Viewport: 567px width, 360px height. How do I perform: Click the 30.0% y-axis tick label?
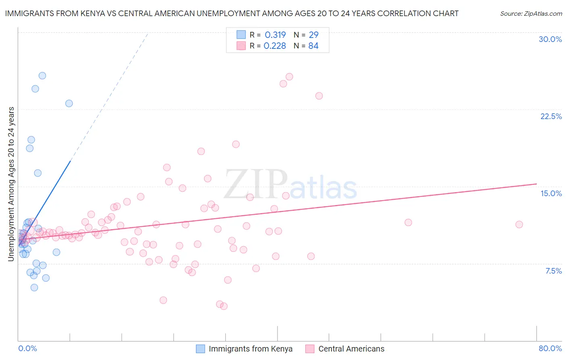pos(550,39)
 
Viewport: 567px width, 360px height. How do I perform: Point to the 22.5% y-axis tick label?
pos(551,116)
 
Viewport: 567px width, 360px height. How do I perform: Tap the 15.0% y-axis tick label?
pos(551,193)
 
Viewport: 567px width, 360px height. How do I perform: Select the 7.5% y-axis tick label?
pos(553,271)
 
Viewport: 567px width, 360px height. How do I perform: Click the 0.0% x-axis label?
pos(27,348)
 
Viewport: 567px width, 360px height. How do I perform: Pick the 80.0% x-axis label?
pos(550,348)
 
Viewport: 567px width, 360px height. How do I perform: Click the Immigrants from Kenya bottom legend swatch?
pos(200,349)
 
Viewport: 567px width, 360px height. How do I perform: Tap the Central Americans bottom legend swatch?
pos(310,349)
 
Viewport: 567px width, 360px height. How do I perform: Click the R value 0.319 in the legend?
pos(275,35)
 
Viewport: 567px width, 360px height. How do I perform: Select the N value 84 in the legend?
pos(313,46)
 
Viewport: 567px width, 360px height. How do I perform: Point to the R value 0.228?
pos(275,46)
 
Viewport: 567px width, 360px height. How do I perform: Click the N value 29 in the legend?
pos(313,35)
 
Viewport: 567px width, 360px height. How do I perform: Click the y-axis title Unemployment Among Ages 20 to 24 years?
pos(11,184)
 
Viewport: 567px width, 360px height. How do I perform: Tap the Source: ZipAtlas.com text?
pos(531,13)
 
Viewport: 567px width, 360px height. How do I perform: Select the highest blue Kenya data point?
pos(42,75)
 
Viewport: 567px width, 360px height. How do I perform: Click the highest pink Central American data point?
pos(289,77)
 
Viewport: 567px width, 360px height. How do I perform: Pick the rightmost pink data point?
pos(519,224)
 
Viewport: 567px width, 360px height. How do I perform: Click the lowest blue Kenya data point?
pos(34,287)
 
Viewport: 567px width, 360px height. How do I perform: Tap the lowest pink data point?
pos(224,306)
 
